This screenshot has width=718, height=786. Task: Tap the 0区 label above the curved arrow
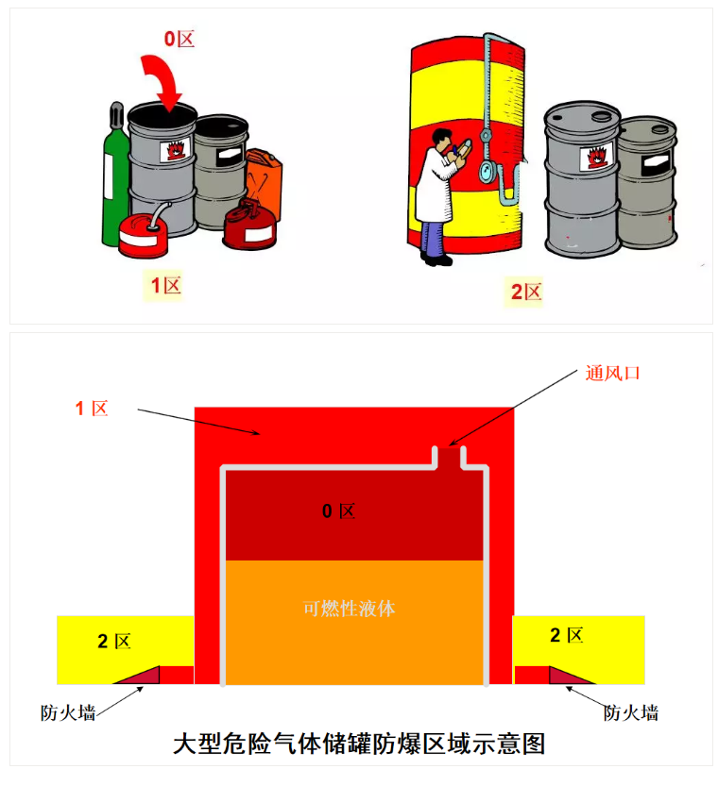[x=179, y=39]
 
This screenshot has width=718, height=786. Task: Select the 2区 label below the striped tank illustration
[x=526, y=292]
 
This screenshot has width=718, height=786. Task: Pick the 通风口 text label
[x=612, y=373]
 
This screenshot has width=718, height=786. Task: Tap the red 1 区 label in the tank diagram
[x=93, y=409]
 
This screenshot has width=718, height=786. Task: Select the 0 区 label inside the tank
[x=338, y=511]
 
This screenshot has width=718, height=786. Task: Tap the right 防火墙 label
[x=630, y=712]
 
